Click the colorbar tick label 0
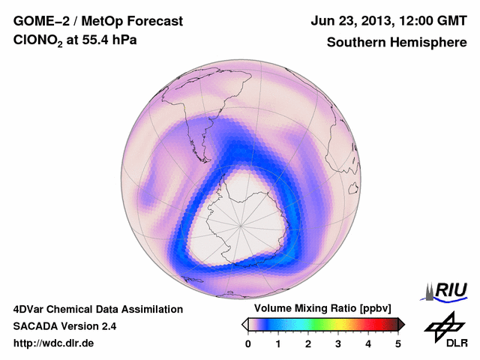(248, 343)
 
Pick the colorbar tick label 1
(278, 343)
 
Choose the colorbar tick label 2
(308, 343)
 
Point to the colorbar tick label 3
(338, 343)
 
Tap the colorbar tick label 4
(368, 343)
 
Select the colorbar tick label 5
(398, 343)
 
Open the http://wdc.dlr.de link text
(54, 343)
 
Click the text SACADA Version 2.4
(64, 326)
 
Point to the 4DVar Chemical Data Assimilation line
(97, 309)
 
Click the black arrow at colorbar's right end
(401, 324)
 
